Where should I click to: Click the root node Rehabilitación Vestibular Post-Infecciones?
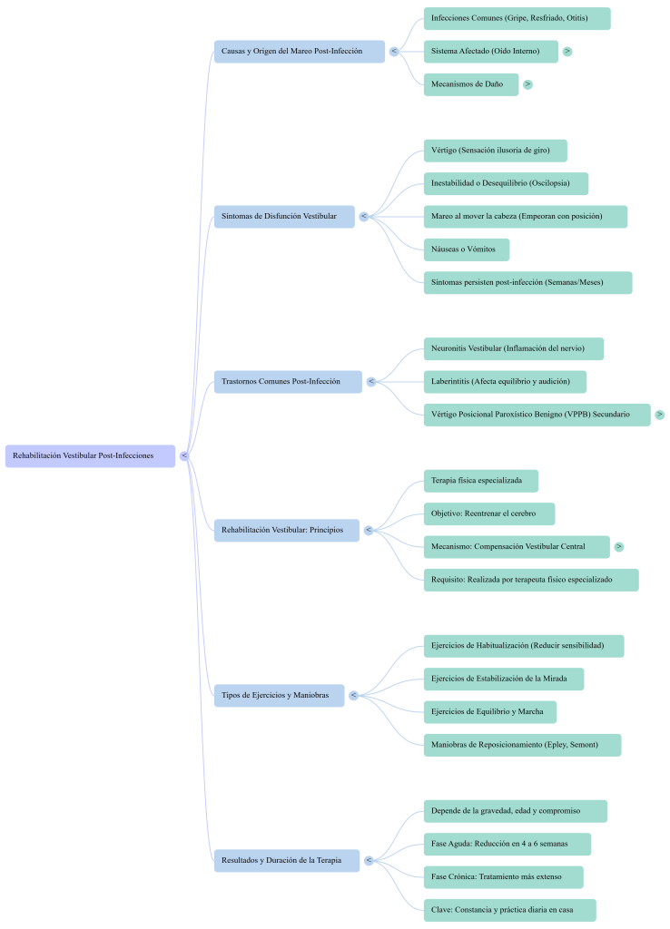[x=89, y=455]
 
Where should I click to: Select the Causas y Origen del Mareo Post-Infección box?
[x=299, y=51]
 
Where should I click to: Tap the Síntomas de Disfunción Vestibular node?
[x=284, y=216]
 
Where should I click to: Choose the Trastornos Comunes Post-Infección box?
[x=288, y=382]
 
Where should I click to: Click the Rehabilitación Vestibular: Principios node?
[x=287, y=530]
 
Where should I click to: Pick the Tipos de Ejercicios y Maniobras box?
[x=280, y=696]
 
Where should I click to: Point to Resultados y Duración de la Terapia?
[x=287, y=860]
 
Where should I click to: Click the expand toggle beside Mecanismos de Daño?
[x=528, y=84]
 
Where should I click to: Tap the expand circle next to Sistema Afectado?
[x=567, y=52]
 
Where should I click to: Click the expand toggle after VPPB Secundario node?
[x=660, y=415]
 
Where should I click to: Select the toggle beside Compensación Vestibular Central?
[x=619, y=547]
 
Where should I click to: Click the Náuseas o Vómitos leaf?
[x=466, y=249]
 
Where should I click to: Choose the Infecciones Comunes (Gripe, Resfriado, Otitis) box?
[x=516, y=18]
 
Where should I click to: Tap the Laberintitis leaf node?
[x=505, y=382]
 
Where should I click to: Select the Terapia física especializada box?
[x=480, y=480]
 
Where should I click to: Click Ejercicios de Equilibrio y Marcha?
[x=489, y=712]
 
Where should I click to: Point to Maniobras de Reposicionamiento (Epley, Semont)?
[x=522, y=745]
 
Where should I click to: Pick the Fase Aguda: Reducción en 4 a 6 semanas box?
[x=507, y=844]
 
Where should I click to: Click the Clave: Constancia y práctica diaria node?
[x=509, y=910]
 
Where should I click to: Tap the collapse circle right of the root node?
[x=184, y=455]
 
